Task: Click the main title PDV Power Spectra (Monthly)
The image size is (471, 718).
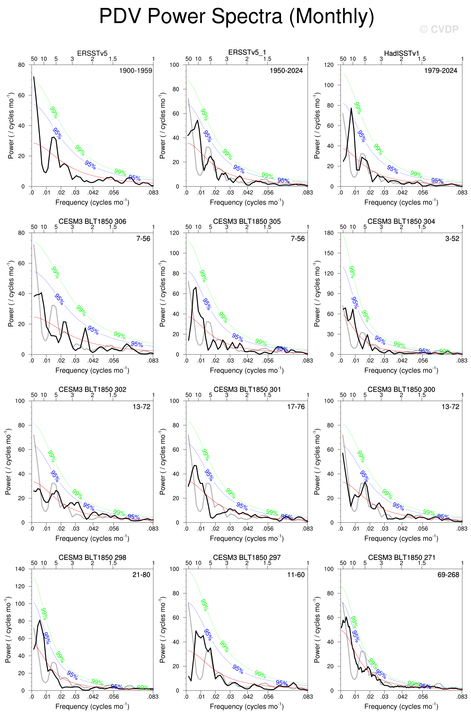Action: tap(237, 16)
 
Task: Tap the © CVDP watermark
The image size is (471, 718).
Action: tap(439, 29)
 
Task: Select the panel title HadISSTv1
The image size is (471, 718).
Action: tap(401, 53)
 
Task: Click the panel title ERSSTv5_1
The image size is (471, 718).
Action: tap(247, 53)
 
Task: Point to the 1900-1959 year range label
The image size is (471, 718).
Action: tap(136, 70)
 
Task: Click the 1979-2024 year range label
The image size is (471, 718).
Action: tap(441, 70)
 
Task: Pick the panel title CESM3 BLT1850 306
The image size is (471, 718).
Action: tap(92, 222)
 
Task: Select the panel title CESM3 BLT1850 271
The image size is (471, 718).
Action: tap(401, 557)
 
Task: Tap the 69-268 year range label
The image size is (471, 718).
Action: tap(448, 575)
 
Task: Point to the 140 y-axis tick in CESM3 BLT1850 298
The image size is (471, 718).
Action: tap(20, 569)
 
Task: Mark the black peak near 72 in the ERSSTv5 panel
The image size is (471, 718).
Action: tap(34, 77)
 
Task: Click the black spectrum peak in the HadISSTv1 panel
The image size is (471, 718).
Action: tap(351, 108)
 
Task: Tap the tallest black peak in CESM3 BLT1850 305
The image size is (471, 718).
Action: tap(196, 288)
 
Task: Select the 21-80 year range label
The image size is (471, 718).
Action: tap(141, 575)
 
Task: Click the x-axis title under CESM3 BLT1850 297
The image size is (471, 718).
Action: tap(247, 706)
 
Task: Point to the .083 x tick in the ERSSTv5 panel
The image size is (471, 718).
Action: tap(153, 193)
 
